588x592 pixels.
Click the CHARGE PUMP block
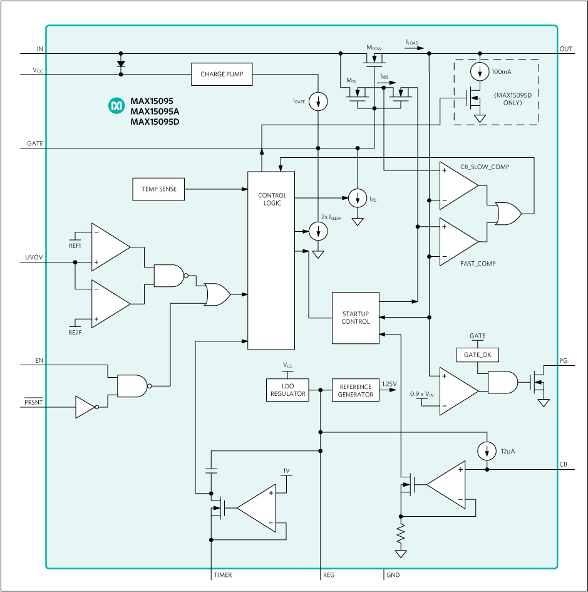222,75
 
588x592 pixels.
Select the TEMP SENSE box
159,189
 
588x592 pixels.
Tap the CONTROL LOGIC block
271,261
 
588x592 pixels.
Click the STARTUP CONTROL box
355,318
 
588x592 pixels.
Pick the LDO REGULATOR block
287,390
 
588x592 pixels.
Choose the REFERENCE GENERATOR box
355,390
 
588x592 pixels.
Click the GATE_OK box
477,355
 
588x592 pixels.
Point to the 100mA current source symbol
480,72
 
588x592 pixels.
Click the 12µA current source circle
486,450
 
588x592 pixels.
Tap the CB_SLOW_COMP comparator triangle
457,186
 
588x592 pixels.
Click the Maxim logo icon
116,106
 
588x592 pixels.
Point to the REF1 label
75,246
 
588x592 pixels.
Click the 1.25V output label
389,383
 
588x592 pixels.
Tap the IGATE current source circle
318,101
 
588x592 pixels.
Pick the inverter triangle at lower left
85,407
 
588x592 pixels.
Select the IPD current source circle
358,199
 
